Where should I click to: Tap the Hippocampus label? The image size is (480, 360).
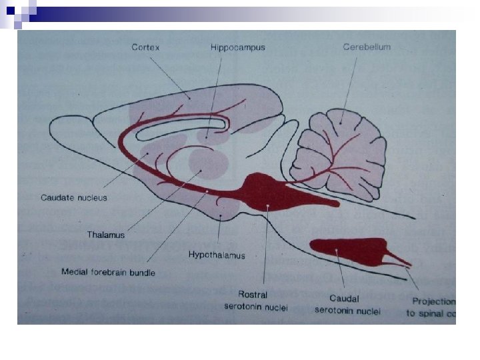tap(237, 47)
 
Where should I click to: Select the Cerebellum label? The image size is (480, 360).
tap(366, 47)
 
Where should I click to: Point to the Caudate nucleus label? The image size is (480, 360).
tap(73, 197)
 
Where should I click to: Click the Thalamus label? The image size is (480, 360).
tap(105, 235)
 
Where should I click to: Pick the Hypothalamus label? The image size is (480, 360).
tap(217, 255)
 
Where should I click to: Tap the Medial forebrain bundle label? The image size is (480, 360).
tap(108, 272)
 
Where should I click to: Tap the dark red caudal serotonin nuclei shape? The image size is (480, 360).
tap(347, 250)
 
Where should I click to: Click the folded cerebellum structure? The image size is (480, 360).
tap(341, 153)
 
